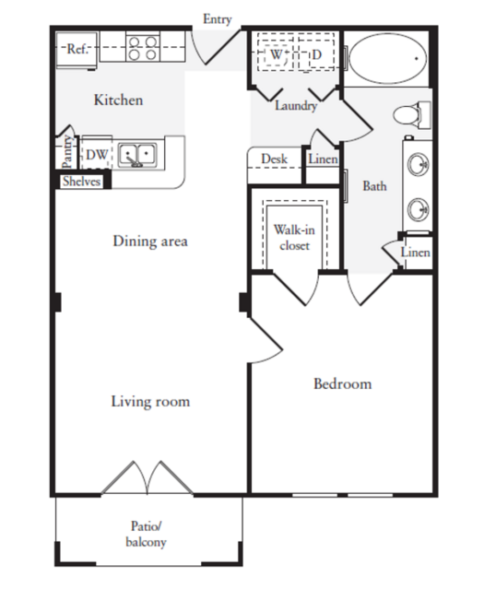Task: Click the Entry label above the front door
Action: tap(218, 19)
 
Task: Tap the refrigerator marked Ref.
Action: tap(77, 49)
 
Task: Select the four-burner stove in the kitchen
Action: tap(143, 47)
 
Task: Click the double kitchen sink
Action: tap(137, 154)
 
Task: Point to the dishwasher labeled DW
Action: tap(97, 154)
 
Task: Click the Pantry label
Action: tap(67, 151)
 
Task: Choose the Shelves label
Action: tap(81, 182)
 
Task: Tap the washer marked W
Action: tap(276, 54)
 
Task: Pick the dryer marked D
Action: tap(316, 54)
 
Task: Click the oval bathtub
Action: tap(388, 59)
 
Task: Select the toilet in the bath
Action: tap(412, 114)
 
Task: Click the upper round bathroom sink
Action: tap(419, 164)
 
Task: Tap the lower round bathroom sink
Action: tap(419, 209)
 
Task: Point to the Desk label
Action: tap(275, 159)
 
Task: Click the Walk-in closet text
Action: tap(294, 238)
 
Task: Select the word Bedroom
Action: tap(343, 383)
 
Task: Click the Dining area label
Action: tap(150, 241)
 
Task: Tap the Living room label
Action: tap(150, 402)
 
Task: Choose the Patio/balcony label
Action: tap(147, 534)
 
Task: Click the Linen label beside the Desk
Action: tap(323, 159)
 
